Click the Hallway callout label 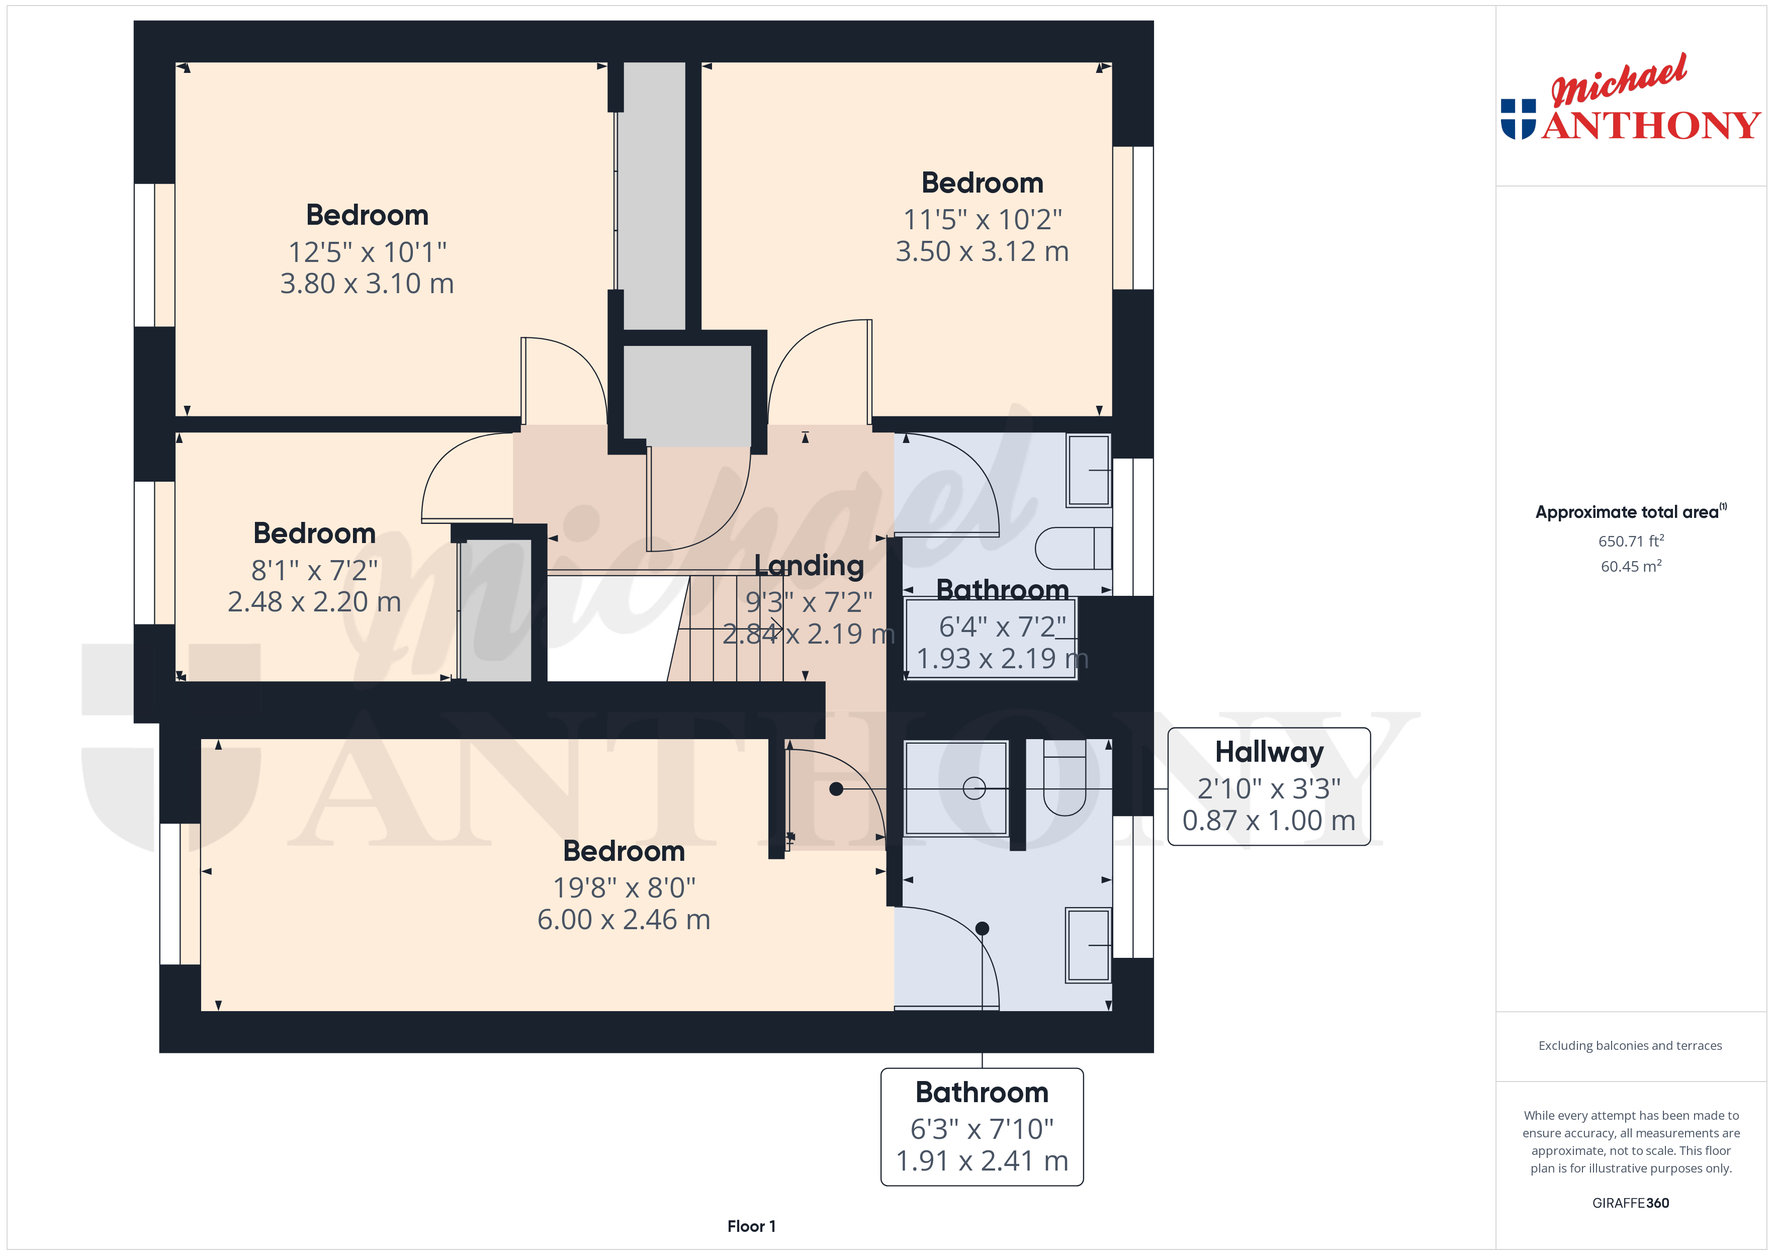(1269, 752)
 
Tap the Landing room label (809, 566)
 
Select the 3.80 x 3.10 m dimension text (367, 284)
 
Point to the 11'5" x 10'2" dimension (983, 219)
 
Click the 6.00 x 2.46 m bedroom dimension (624, 920)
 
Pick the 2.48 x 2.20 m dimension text (314, 602)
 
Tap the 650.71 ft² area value (1631, 541)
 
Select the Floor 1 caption (751, 1226)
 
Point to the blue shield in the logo (1518, 119)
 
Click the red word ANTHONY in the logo (1651, 125)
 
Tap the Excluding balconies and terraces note (1630, 1045)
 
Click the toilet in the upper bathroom (1073, 548)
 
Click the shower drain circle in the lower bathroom (974, 788)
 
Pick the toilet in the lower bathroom (1065, 777)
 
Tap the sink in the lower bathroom (1089, 945)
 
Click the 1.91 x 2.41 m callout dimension (982, 1160)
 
